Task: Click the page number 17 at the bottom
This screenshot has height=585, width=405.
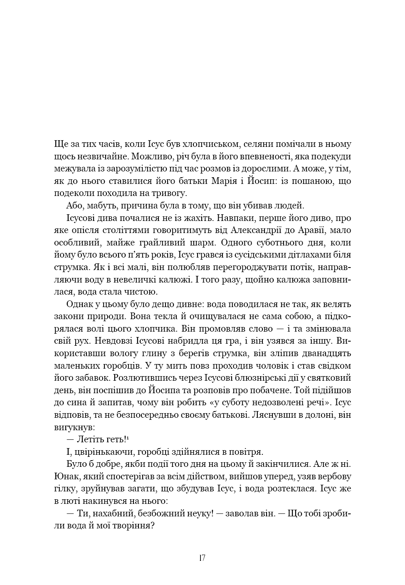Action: (x=202, y=558)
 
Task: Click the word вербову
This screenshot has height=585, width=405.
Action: (x=334, y=476)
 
